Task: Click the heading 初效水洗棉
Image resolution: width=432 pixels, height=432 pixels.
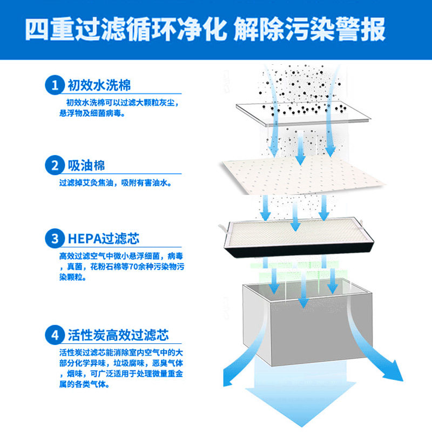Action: (x=99, y=85)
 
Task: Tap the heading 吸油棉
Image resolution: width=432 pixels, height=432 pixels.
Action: (x=86, y=165)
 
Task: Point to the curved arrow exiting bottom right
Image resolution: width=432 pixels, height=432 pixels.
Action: (x=386, y=356)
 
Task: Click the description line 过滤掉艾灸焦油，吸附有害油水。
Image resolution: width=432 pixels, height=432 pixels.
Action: (x=116, y=183)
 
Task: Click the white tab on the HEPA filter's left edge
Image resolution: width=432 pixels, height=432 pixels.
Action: (x=221, y=229)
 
